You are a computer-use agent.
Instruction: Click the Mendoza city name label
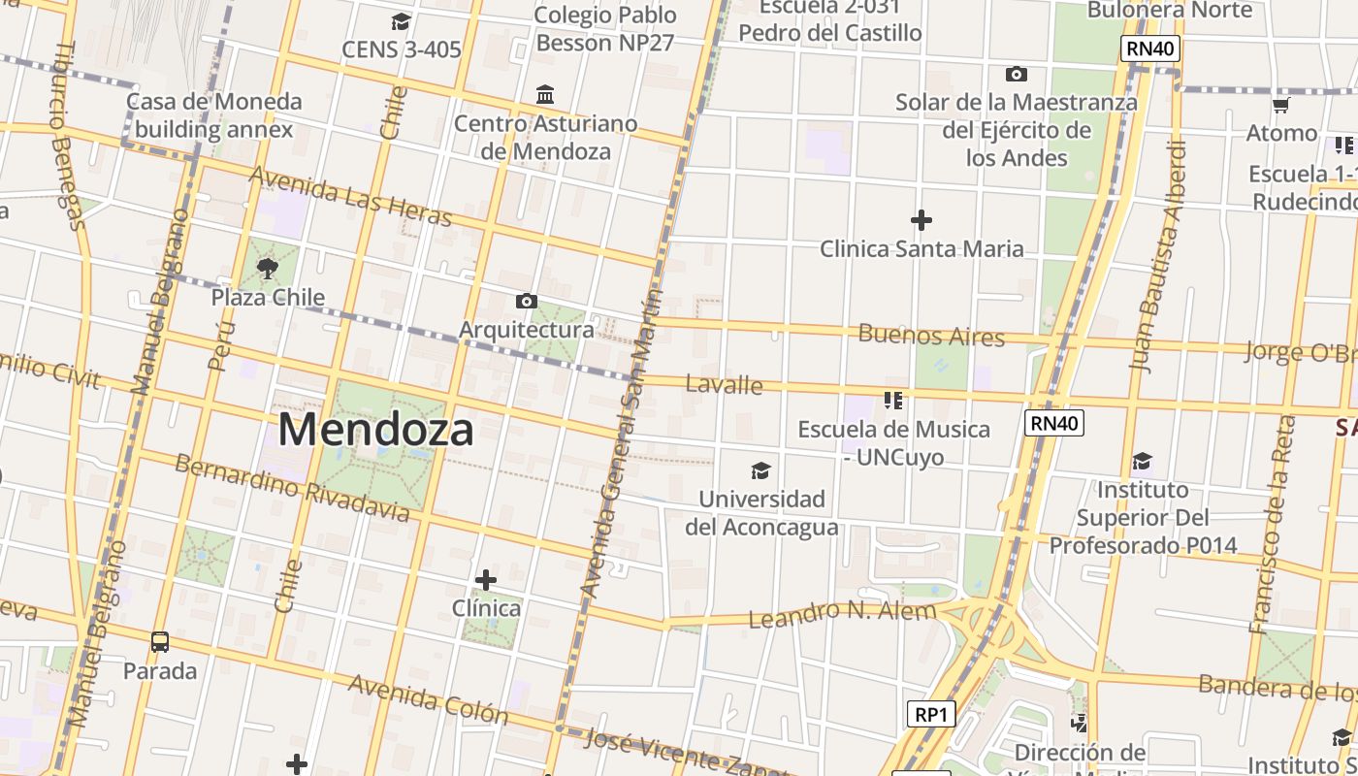pos(375,430)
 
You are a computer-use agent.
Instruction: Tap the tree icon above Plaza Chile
pos(268,268)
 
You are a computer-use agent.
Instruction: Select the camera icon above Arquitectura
pos(526,301)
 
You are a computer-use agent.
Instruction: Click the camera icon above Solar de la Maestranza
pos(1016,74)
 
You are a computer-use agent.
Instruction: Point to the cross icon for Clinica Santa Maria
pos(921,220)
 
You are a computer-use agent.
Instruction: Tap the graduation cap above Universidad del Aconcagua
pos(760,470)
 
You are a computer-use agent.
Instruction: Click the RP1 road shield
pos(931,715)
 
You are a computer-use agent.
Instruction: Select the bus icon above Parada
pos(160,641)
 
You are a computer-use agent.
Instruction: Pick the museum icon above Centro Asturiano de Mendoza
pos(545,95)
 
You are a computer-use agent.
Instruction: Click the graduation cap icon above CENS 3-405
pos(401,21)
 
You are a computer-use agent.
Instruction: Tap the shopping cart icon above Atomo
pos(1280,105)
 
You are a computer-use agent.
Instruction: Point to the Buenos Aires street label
pos(931,336)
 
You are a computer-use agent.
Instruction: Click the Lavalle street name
pos(724,385)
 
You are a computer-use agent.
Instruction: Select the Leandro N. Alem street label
pos(842,613)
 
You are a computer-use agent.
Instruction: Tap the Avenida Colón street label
pos(428,699)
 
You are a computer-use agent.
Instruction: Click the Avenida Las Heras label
pos(350,196)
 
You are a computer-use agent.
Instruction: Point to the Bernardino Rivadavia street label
pos(291,486)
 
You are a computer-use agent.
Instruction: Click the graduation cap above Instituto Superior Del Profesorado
pos(1142,461)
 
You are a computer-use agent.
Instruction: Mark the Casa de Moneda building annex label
pos(213,115)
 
